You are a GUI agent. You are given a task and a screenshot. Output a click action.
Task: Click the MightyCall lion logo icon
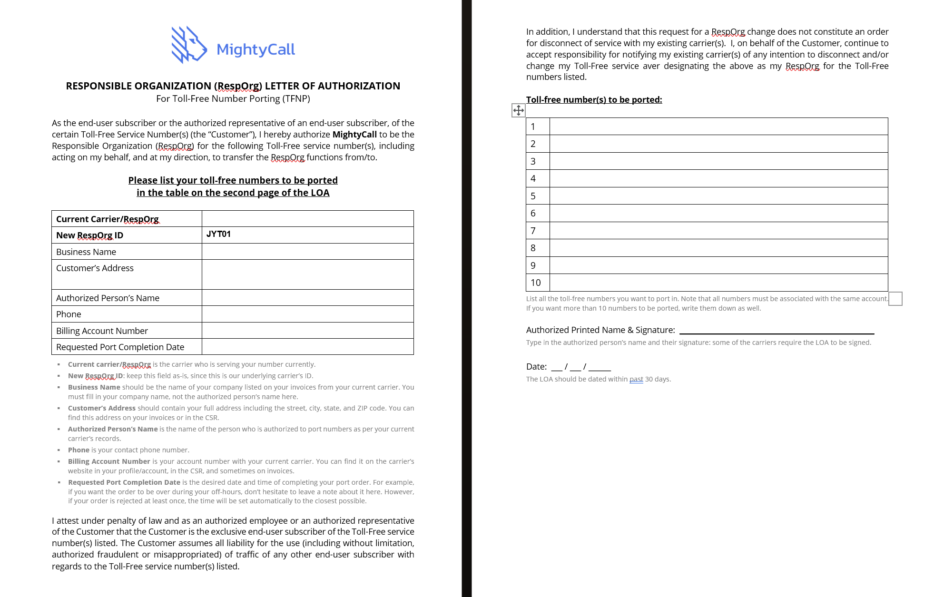coord(189,45)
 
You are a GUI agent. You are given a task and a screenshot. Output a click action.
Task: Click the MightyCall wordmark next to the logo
coord(256,49)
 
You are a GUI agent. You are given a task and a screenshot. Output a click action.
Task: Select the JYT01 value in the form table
coord(218,234)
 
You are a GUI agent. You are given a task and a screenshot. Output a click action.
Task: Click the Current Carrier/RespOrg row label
coord(107,219)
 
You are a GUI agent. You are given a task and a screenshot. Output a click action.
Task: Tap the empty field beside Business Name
coord(307,252)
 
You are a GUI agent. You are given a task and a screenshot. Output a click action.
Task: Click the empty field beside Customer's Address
coord(307,274)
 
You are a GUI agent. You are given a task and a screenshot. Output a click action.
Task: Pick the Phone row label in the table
coord(69,314)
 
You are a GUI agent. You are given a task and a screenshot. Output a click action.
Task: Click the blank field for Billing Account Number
coord(307,331)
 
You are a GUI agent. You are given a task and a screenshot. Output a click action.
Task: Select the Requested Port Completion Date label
coord(120,347)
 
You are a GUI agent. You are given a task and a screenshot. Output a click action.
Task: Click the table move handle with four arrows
coord(518,110)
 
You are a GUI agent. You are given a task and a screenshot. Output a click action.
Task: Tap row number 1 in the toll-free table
coord(533,127)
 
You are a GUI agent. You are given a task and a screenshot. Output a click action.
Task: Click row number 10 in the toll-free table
coord(536,283)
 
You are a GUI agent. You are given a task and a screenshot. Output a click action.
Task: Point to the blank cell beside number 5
coord(718,196)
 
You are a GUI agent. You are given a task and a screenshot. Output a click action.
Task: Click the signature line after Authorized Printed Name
coord(777,330)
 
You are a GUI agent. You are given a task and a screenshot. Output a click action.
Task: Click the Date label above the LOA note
coord(536,367)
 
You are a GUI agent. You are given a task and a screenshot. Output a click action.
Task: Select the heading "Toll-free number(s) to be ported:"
coord(594,99)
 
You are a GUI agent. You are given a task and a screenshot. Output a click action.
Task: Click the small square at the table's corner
coord(895,299)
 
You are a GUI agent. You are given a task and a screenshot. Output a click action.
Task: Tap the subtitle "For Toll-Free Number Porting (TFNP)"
coord(233,98)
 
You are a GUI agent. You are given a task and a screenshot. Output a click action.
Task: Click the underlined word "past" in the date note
coord(636,379)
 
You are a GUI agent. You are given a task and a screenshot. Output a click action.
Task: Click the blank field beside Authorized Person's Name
coord(307,298)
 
